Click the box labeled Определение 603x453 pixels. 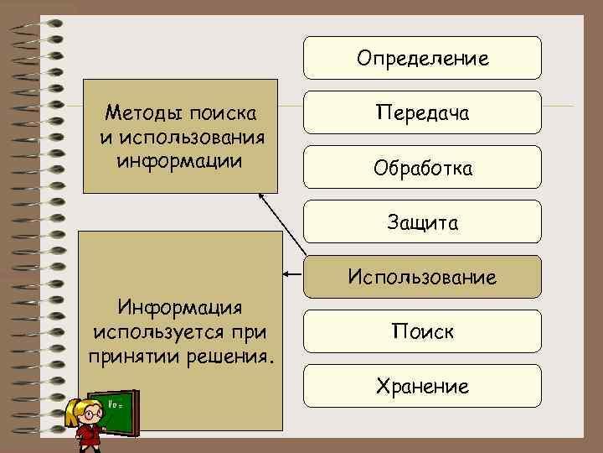tap(422, 58)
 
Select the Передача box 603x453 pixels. tap(422, 112)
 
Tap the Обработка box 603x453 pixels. tap(422, 168)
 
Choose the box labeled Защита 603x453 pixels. tap(422, 222)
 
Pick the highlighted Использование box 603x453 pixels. tap(422, 277)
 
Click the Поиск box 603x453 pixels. tap(422, 331)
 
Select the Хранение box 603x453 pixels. tap(422, 386)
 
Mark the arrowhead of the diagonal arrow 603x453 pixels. tap(261, 195)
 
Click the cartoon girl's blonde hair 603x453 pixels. tap(84, 408)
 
